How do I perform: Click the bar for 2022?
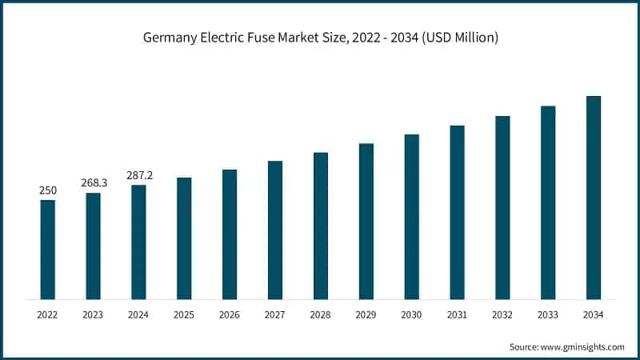click(48, 250)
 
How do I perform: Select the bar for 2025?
click(184, 238)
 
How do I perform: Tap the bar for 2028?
click(321, 226)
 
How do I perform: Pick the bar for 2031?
click(457, 212)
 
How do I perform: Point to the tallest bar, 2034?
click(594, 198)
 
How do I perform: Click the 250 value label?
click(48, 190)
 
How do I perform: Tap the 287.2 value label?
click(139, 174)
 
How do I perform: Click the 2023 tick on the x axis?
click(94, 315)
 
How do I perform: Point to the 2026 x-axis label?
click(230, 315)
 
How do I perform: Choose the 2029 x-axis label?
click(366, 315)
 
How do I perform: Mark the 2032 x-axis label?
click(502, 315)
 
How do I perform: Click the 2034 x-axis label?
click(594, 315)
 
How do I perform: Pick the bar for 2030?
click(411, 217)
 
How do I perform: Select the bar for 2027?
click(275, 230)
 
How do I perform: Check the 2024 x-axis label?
click(139, 315)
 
